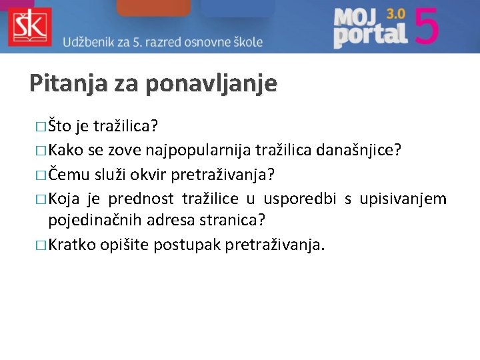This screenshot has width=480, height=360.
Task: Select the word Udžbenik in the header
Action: [x=91, y=41]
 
